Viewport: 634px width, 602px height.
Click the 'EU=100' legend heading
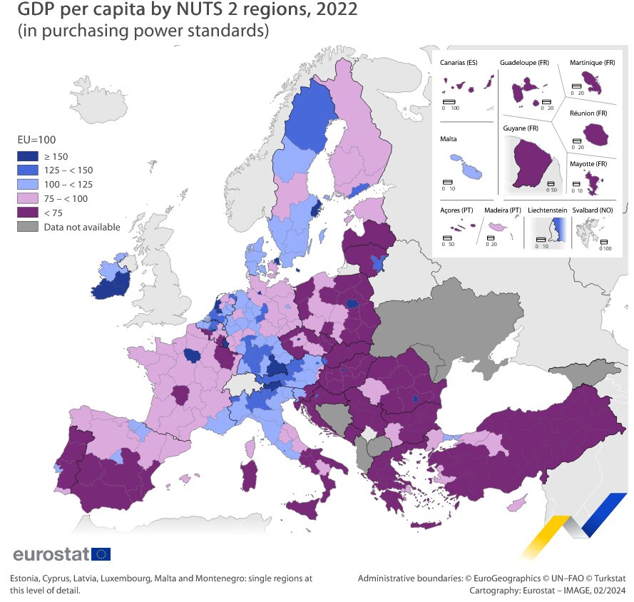point(36,140)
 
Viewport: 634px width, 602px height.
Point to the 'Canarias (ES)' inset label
point(459,63)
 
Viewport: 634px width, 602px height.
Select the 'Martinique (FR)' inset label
point(592,63)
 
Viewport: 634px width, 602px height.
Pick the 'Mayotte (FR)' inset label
point(588,164)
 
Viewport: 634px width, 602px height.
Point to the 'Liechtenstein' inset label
point(547,211)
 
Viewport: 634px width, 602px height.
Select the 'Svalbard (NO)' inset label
point(597,211)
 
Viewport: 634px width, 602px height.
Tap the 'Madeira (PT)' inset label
point(502,211)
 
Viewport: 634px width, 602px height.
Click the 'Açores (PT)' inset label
point(457,211)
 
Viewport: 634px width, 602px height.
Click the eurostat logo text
point(50,554)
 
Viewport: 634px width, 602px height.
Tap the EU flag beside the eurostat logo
point(101,554)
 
